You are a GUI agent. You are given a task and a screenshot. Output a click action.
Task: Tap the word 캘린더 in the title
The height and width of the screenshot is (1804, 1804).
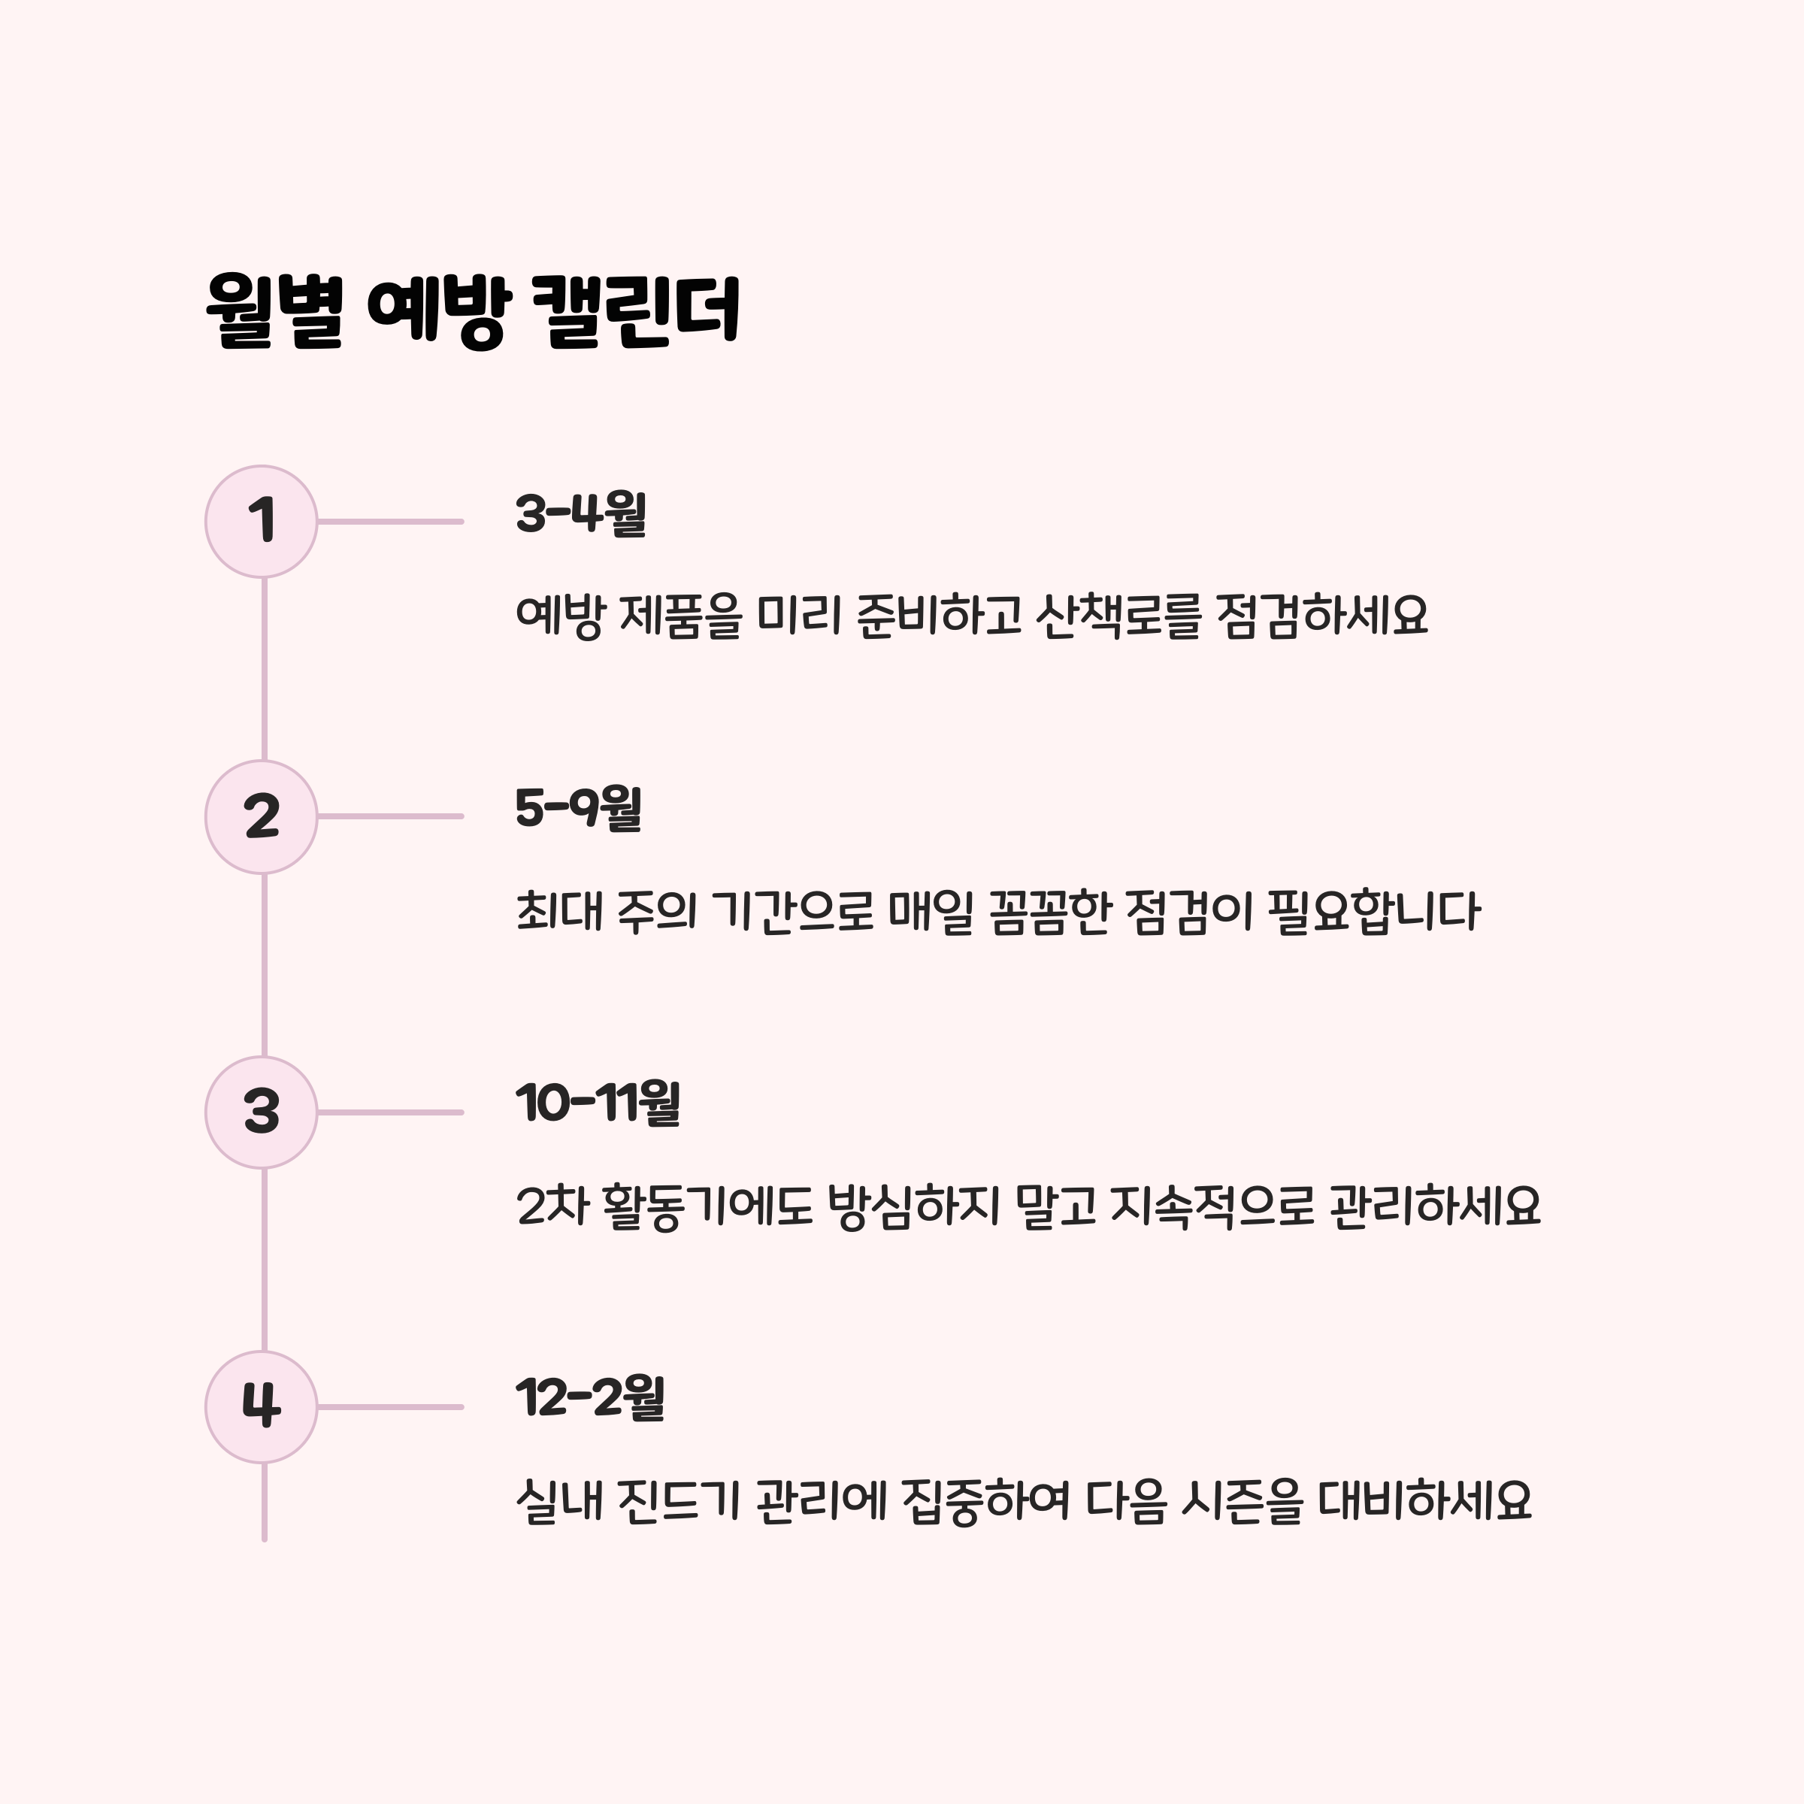point(635,311)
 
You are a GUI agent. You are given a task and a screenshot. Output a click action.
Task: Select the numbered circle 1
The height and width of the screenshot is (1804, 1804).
point(262,522)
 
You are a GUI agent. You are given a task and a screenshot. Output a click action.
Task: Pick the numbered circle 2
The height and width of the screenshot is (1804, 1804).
point(262,817)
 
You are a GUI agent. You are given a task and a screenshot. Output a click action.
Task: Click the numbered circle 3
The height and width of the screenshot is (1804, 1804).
point(262,1112)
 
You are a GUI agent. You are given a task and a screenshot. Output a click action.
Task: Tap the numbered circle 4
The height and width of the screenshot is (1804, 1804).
point(262,1406)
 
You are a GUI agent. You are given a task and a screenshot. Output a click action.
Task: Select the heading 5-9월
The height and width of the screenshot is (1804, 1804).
point(579,809)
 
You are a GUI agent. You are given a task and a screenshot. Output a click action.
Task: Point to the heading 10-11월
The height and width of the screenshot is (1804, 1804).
point(598,1103)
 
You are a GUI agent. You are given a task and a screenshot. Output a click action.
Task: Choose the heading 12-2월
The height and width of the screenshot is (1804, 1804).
point(590,1399)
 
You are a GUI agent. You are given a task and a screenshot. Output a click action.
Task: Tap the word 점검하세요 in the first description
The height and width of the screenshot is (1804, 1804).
point(1322,616)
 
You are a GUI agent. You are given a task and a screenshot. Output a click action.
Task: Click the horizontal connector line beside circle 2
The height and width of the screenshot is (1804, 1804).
point(390,817)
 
